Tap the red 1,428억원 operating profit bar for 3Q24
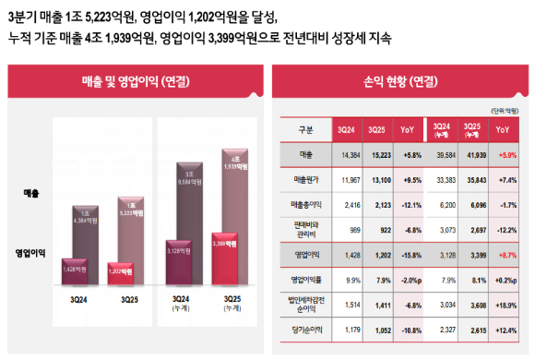tap(80, 270)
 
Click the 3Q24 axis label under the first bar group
tap(80, 299)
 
